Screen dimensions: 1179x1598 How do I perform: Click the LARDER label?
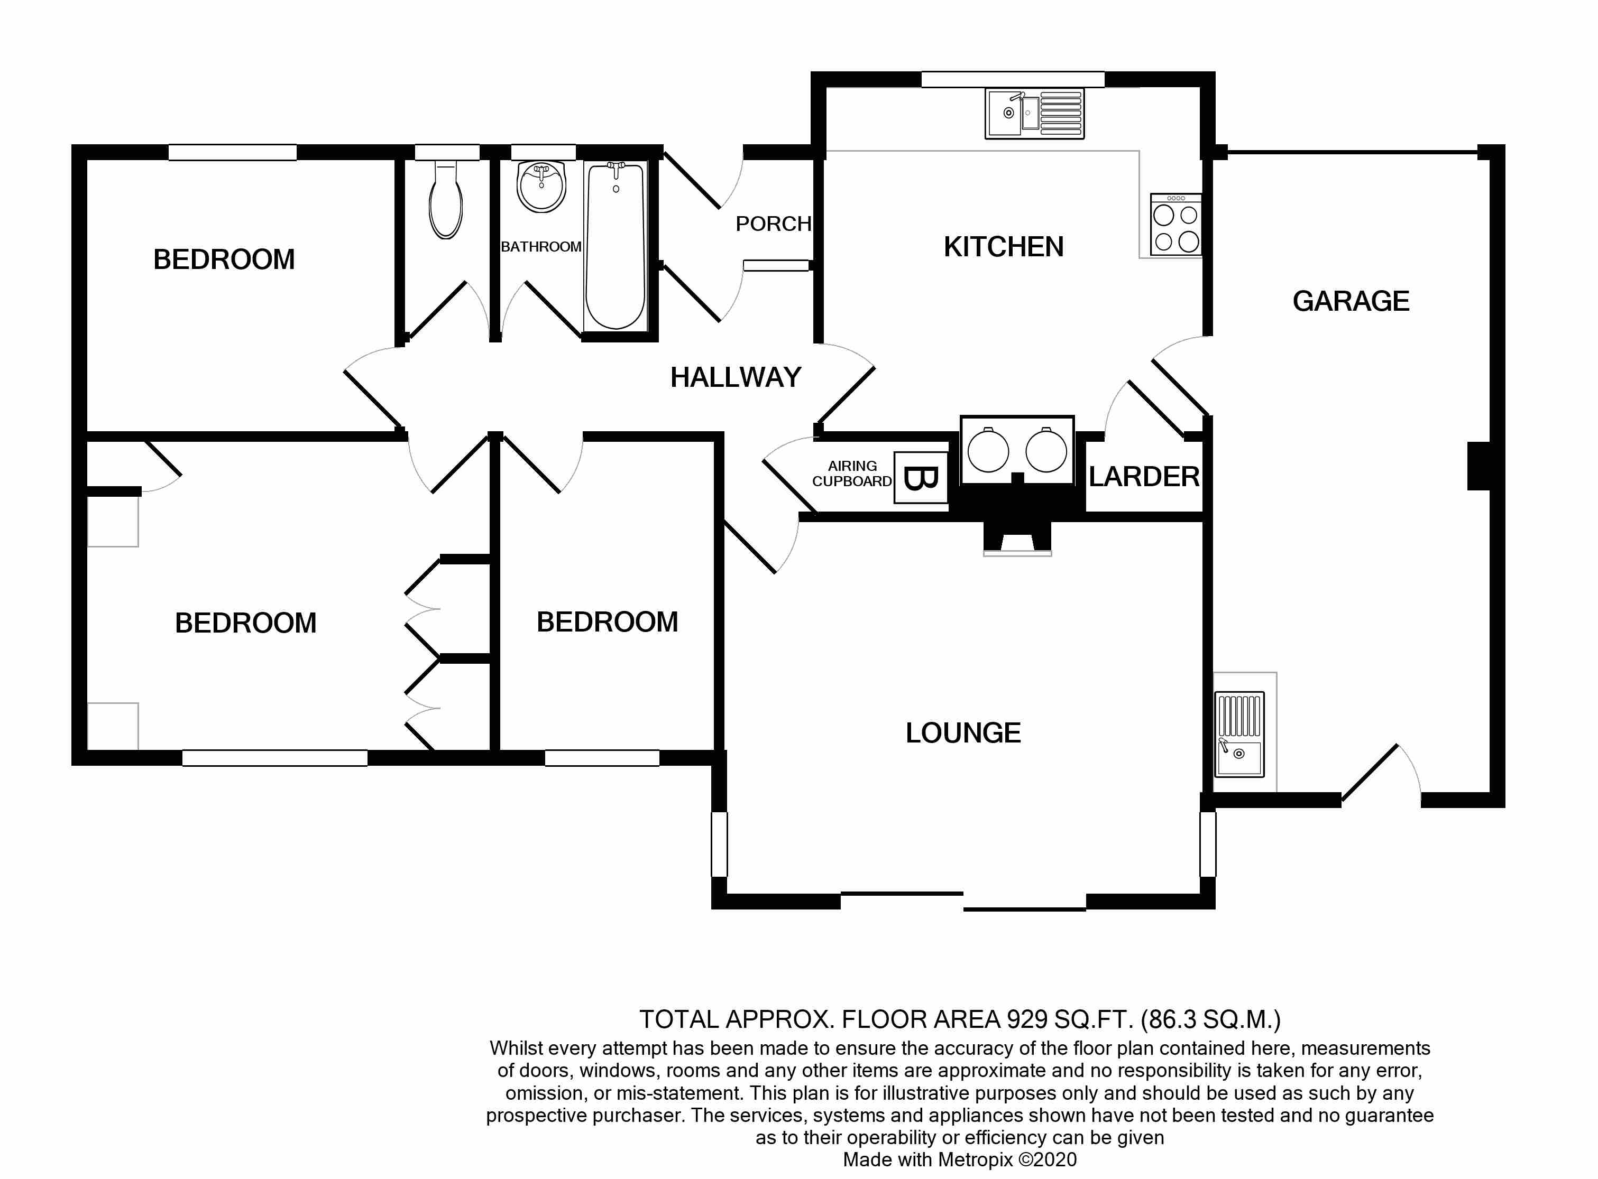pos(1143,477)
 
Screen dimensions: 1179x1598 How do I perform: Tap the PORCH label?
pos(773,224)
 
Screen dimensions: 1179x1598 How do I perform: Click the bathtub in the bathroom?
pos(615,246)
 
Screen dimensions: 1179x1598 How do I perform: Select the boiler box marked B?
pos(921,477)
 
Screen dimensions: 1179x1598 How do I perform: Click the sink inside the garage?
pos(1239,735)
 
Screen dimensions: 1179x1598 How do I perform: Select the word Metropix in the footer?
pos(976,1160)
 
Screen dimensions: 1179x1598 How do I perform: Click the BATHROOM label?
pos(540,247)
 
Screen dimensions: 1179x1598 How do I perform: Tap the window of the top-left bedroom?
pos(232,152)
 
